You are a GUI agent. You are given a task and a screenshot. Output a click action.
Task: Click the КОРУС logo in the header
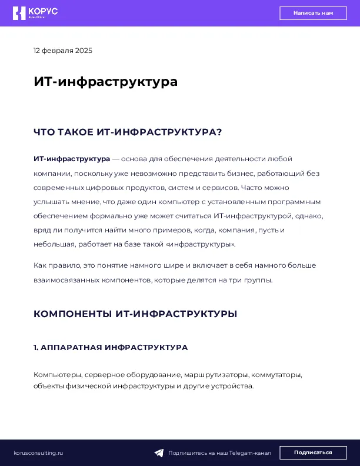point(35,13)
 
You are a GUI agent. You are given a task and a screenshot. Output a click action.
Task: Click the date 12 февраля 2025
point(63,51)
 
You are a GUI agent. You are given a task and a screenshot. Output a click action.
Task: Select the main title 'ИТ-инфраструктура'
point(105,82)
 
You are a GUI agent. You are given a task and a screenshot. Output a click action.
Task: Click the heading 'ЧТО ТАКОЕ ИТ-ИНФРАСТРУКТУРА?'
point(128,132)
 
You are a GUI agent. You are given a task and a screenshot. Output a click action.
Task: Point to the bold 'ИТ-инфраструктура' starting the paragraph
point(72,159)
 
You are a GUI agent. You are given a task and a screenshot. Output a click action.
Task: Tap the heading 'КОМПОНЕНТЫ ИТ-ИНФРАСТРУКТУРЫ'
point(135,314)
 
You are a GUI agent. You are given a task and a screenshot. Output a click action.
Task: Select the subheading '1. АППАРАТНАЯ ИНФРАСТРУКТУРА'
point(111,348)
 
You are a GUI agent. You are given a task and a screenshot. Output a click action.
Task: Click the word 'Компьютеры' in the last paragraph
point(58,375)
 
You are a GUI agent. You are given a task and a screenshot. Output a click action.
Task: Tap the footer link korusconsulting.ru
point(38,453)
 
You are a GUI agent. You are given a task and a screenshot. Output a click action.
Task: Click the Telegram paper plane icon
point(159,453)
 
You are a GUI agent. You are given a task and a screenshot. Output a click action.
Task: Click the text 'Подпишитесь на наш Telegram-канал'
point(219,453)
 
